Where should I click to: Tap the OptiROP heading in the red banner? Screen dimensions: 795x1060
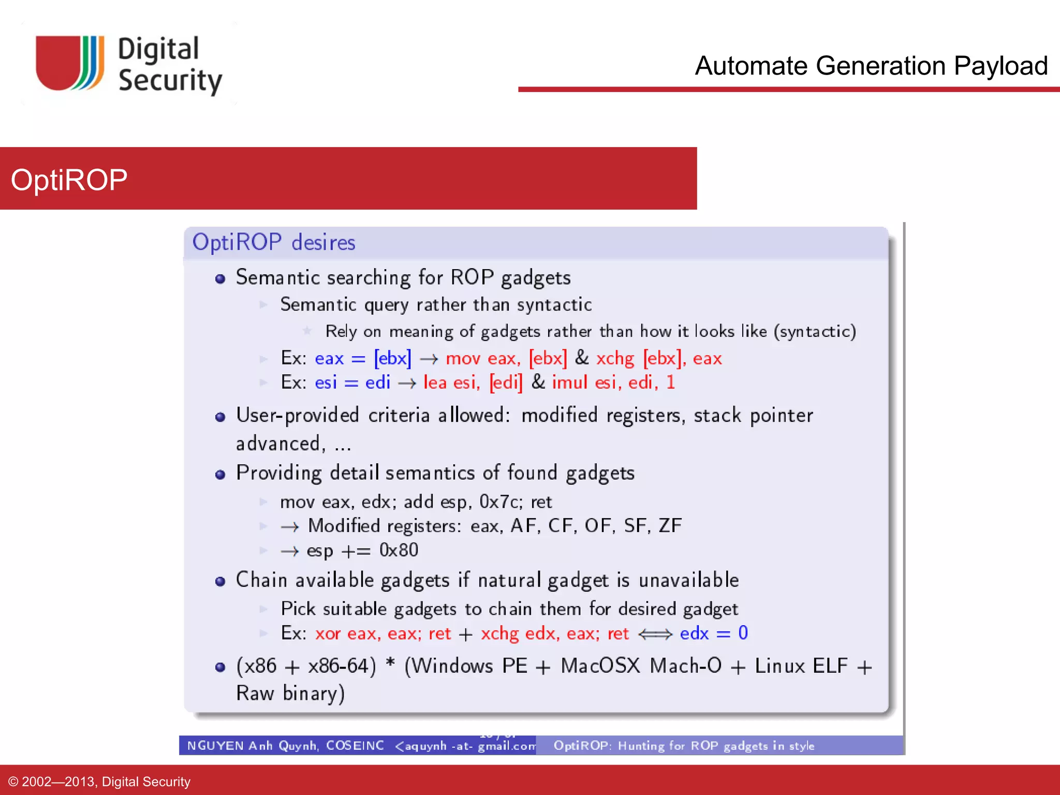(x=69, y=180)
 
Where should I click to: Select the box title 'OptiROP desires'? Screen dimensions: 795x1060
(x=273, y=242)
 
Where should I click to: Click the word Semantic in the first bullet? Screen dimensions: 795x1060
(x=277, y=277)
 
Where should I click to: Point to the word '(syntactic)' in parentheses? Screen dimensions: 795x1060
(x=815, y=331)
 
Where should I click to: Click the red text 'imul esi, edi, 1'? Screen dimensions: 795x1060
(x=613, y=382)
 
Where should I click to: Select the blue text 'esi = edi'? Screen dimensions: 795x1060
(x=352, y=382)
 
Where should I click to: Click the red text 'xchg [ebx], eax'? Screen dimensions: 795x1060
(x=658, y=358)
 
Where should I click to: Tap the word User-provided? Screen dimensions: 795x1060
(x=297, y=415)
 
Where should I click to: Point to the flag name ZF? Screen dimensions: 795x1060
(x=670, y=526)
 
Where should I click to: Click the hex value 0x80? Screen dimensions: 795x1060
(x=399, y=550)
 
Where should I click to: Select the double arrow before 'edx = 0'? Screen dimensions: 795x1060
(x=655, y=634)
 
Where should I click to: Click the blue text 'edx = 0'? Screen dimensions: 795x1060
(x=714, y=633)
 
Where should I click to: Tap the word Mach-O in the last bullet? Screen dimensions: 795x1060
(x=685, y=666)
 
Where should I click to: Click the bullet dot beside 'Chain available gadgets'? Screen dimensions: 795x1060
(x=220, y=581)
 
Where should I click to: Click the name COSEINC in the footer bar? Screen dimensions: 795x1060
(x=355, y=745)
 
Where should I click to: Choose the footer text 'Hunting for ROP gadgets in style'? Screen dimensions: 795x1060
(x=716, y=746)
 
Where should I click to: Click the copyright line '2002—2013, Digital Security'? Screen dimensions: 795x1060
(x=106, y=782)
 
